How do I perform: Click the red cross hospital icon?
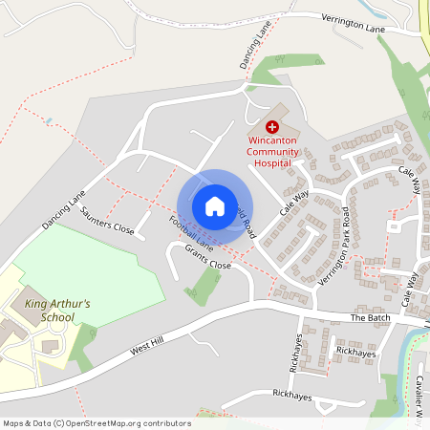point(272,126)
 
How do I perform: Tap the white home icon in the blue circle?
point(215,205)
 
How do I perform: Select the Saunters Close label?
point(108,222)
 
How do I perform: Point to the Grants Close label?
point(208,256)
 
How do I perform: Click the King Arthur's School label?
point(56,311)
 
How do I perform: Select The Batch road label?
point(370,317)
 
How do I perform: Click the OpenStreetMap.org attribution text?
point(96,422)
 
